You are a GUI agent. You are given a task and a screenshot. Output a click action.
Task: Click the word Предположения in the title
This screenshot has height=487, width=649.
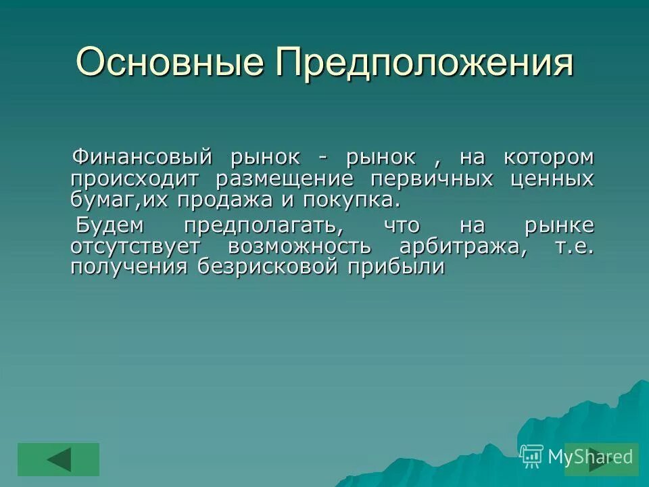(425, 64)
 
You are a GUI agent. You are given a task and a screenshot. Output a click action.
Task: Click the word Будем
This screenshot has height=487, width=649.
(109, 225)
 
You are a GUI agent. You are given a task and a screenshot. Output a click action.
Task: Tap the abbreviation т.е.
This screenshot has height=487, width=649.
(574, 246)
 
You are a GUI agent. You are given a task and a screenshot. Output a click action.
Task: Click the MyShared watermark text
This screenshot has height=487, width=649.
(590, 457)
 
